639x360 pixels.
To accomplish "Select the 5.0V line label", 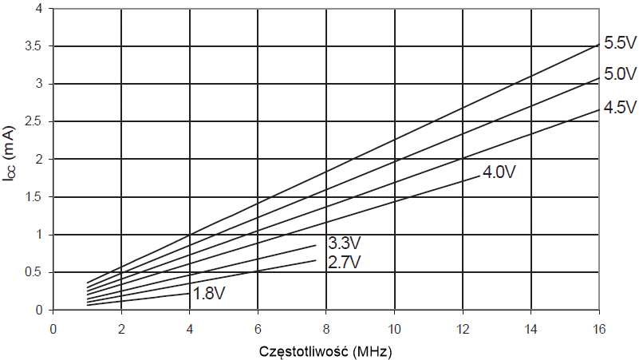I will click(619, 75).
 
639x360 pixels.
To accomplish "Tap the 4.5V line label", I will click(619, 107).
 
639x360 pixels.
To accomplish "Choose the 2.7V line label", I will click(345, 261).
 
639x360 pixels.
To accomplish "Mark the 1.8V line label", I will click(208, 294).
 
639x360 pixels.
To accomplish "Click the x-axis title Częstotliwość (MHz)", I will click(326, 350).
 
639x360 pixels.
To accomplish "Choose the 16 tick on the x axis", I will click(598, 327).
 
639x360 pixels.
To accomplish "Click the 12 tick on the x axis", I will click(462, 327).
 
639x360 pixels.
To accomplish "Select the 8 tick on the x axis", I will click(325, 327).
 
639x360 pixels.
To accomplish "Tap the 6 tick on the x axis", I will click(258, 327).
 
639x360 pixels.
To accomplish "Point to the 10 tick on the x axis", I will click(394, 327).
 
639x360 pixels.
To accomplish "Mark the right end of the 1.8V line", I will click(189, 293).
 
